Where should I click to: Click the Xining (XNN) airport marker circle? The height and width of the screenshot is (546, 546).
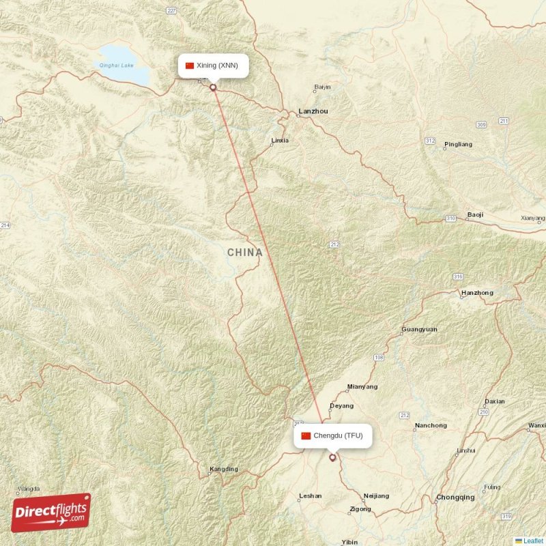coord(213,87)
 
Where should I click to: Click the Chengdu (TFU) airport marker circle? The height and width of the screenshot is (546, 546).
coord(332,458)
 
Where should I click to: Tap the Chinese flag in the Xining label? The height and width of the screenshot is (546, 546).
coord(190,66)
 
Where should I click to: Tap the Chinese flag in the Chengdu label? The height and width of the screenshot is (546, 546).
coord(306,435)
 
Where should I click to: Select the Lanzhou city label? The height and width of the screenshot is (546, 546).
coord(313,111)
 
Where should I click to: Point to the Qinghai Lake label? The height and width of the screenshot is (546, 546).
coord(113,66)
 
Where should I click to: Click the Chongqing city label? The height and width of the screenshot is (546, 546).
coord(455,497)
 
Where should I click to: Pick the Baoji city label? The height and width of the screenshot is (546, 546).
coord(475,215)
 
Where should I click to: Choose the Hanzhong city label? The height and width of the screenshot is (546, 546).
coord(477,293)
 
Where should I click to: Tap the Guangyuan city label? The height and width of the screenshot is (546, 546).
coord(420,329)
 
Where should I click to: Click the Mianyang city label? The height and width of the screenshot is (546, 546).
coord(362,386)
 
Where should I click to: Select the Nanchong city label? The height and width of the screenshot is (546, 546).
coord(431,426)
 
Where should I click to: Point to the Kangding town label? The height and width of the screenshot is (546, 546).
coord(224,469)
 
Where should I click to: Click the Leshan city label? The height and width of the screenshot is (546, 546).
coord(310,496)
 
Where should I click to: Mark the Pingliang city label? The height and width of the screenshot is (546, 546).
coord(458,145)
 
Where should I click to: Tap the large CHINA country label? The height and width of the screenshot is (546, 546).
coord(244,253)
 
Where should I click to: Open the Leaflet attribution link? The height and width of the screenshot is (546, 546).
coord(533,541)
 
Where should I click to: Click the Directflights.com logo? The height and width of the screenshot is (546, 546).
coord(51,512)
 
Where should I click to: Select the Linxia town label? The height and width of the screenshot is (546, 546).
coord(280,141)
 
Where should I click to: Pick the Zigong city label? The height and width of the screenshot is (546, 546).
coord(360,509)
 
